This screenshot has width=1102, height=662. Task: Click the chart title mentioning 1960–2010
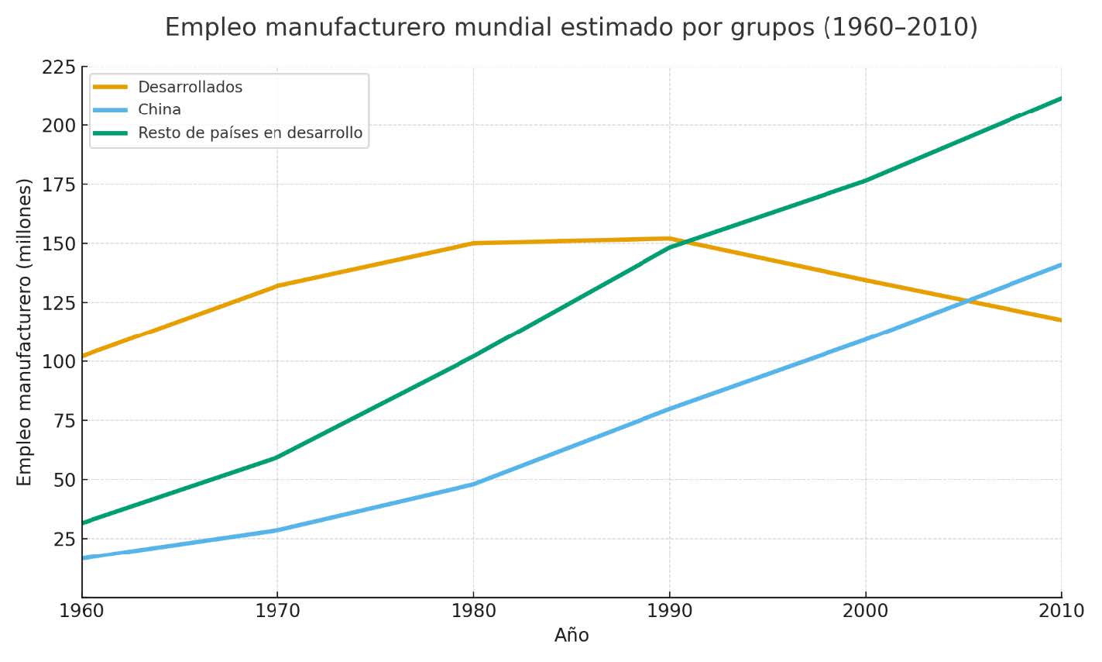coord(571,28)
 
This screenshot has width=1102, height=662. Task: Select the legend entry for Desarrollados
coord(190,88)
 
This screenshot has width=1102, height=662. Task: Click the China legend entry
coord(160,110)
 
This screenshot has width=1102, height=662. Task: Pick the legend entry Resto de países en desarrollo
coord(249,133)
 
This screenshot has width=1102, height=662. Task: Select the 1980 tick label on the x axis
coord(473,611)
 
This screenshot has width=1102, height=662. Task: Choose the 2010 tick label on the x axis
coord(1060,611)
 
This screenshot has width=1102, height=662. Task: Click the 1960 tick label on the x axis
coord(82,611)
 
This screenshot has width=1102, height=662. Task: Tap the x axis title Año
coord(572,636)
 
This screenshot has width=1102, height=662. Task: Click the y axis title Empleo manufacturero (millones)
coord(25,332)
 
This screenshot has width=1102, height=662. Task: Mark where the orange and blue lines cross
coord(967,301)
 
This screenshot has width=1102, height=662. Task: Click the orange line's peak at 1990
coord(669,239)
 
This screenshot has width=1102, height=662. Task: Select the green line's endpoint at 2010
coord(1060,98)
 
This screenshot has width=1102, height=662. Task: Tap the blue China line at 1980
coord(473,484)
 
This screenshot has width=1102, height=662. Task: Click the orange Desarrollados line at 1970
coord(277,285)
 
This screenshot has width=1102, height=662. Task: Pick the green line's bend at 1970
coord(277,457)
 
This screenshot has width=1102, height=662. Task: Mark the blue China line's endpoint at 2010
coord(1060,265)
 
